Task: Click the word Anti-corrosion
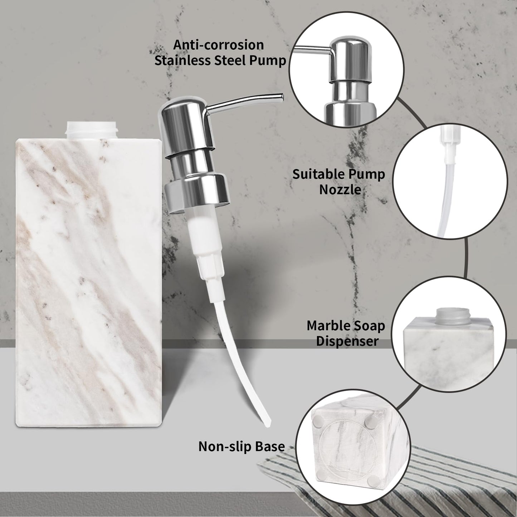coord(219,45)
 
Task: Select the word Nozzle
coord(340,189)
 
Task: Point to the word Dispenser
coord(347,341)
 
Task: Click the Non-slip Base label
coord(242,446)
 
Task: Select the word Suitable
coord(314,174)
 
